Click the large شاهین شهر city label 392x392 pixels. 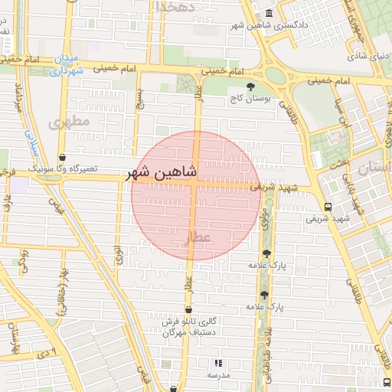point(162,173)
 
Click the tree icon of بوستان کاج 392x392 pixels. point(250,87)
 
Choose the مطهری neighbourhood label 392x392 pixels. point(69,122)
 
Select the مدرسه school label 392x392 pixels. point(219,376)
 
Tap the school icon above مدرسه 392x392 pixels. point(218,363)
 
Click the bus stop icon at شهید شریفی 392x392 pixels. point(328,207)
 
